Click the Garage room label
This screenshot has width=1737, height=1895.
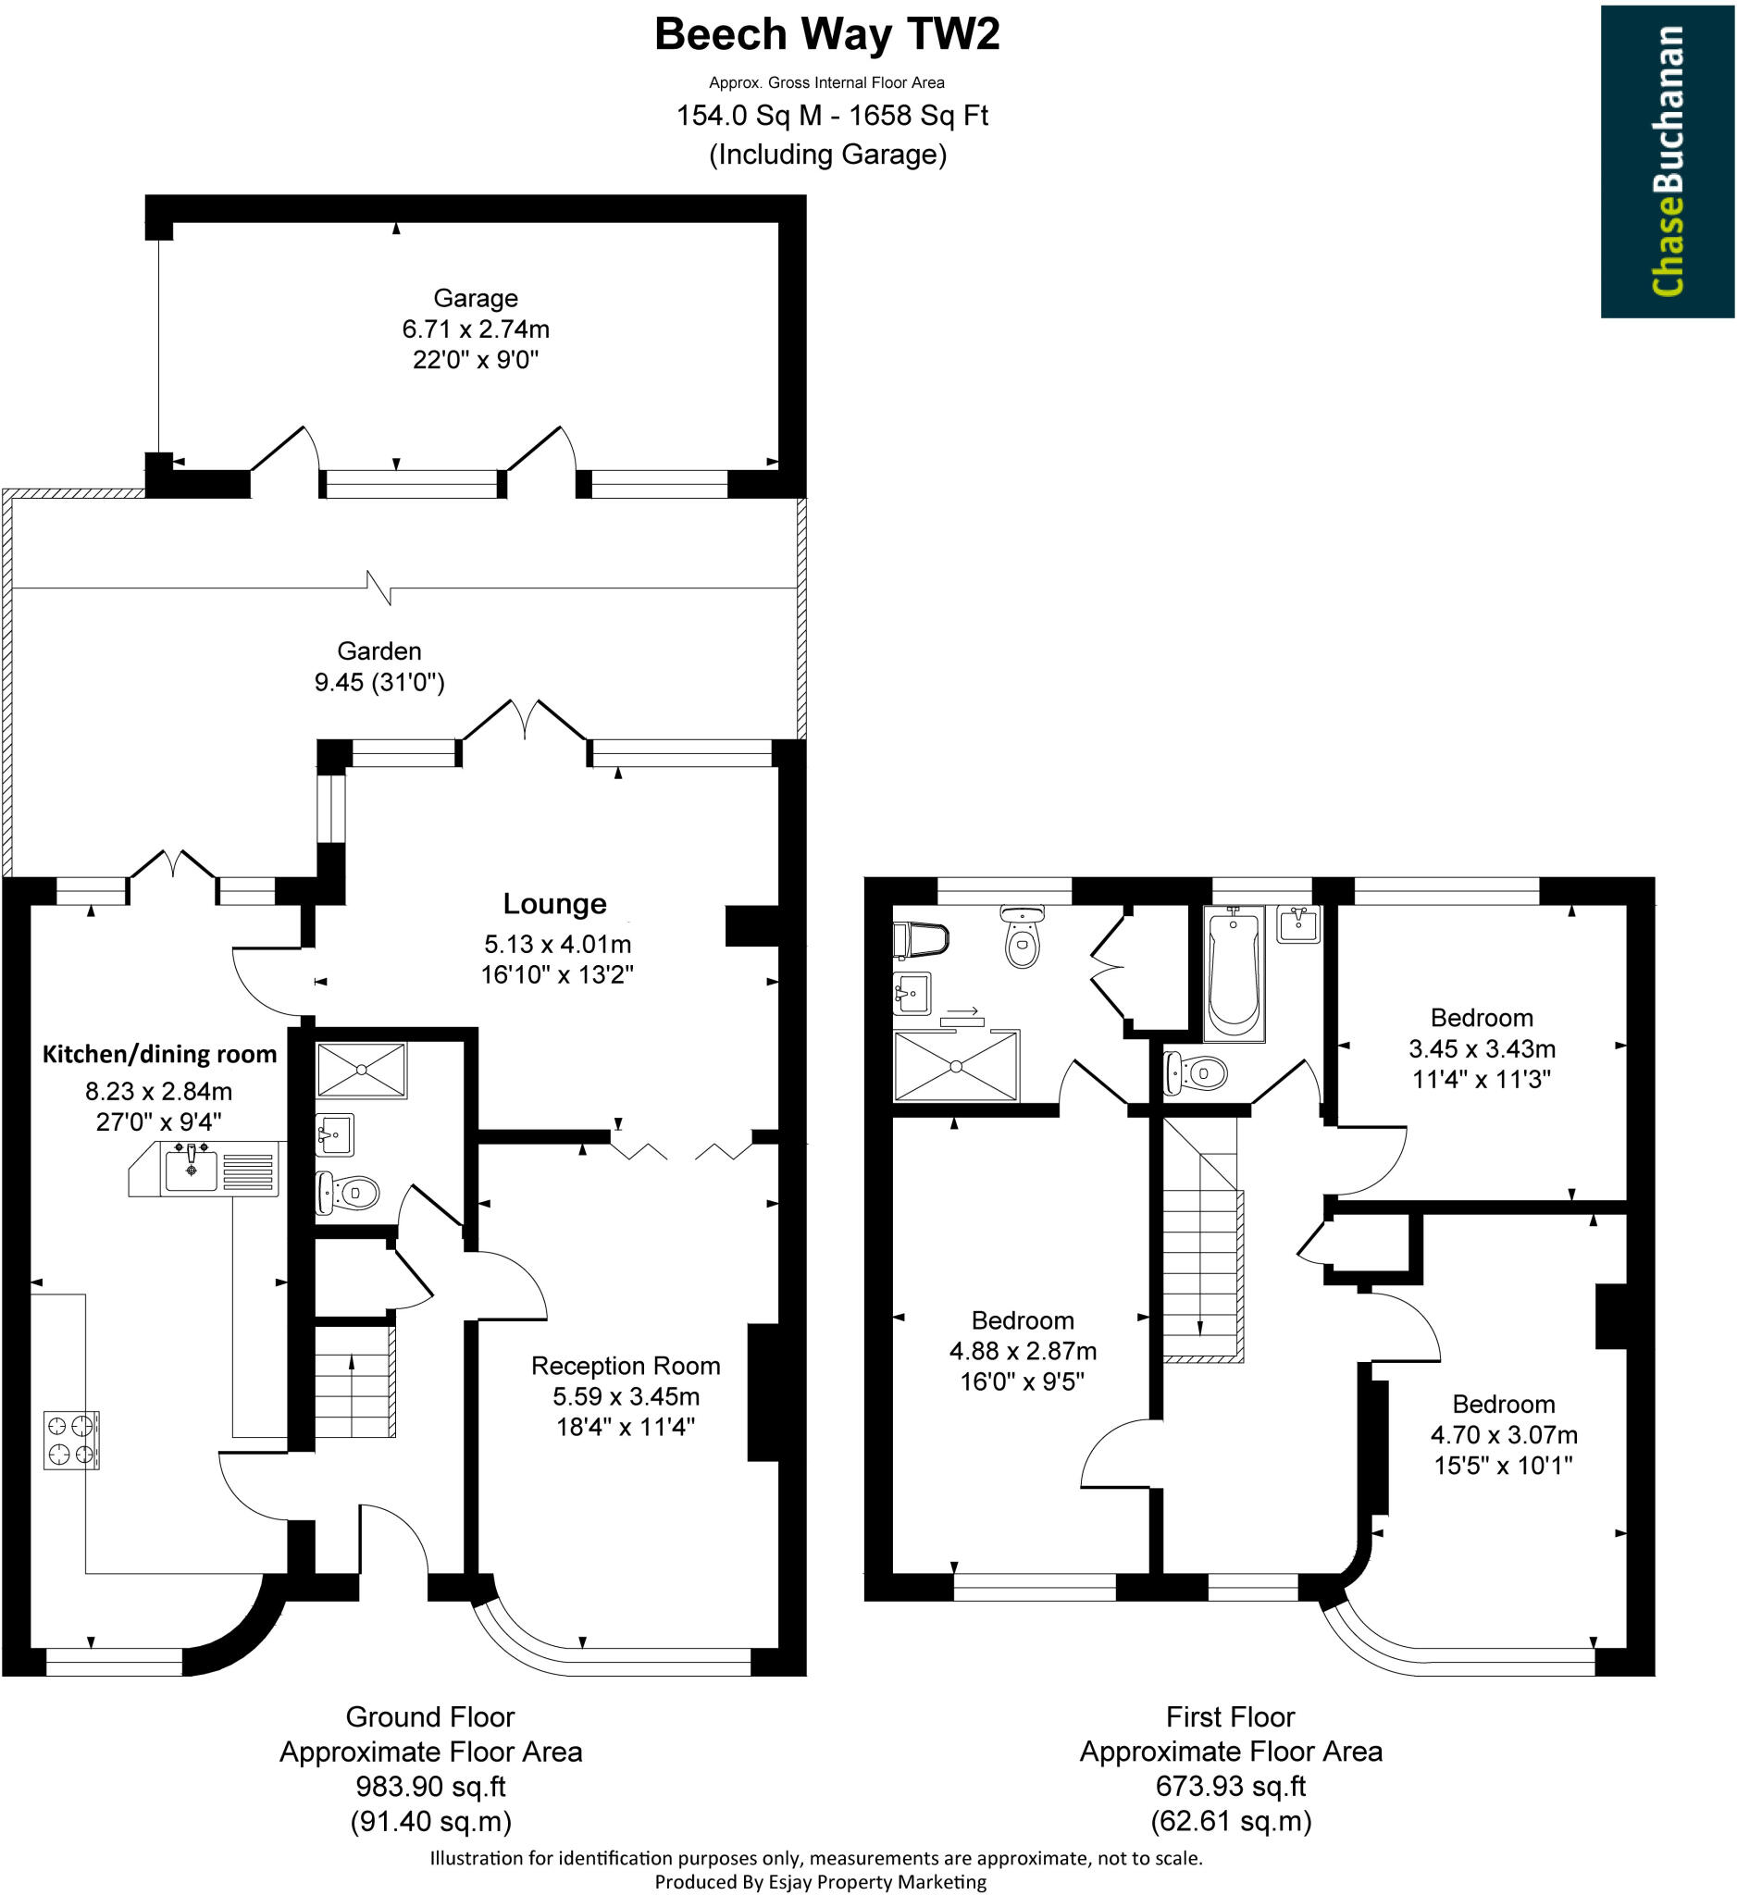(475, 298)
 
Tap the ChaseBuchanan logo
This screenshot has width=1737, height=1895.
(1667, 161)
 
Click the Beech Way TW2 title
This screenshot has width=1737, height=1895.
(826, 35)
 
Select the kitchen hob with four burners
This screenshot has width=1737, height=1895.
(71, 1440)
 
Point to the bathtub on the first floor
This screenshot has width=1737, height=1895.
(1234, 972)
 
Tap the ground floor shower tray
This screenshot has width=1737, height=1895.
(361, 1070)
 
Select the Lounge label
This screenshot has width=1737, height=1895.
(554, 903)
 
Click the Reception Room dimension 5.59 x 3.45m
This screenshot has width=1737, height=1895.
(625, 1396)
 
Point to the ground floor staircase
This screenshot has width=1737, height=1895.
(354, 1381)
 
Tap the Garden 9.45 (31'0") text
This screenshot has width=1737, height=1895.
(378, 682)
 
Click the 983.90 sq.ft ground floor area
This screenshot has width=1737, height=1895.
(430, 1785)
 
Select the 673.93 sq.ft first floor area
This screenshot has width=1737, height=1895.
(1231, 1785)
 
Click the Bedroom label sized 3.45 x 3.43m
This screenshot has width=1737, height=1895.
(1482, 1018)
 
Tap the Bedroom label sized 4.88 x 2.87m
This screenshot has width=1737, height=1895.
(1022, 1320)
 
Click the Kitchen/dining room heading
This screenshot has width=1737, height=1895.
(160, 1054)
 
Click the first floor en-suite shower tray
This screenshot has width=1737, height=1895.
(955, 1065)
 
